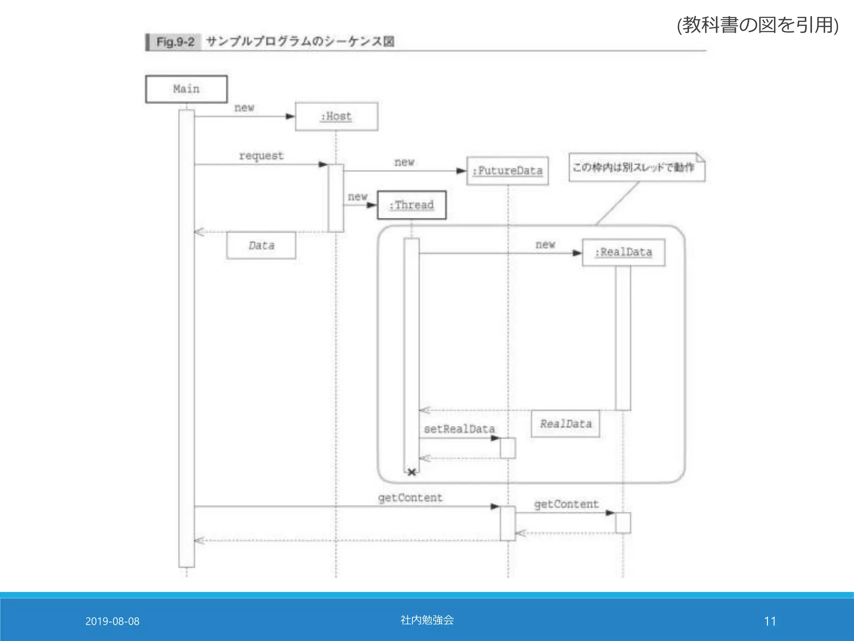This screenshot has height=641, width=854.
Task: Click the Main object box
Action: tap(186, 89)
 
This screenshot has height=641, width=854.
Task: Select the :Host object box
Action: tap(337, 116)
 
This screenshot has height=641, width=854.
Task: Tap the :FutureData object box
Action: tap(507, 171)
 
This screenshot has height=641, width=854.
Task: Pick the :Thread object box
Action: tap(412, 205)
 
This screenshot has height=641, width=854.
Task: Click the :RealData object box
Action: tap(623, 252)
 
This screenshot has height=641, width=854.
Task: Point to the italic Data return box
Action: tap(261, 245)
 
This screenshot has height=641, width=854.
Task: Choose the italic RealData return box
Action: tap(565, 424)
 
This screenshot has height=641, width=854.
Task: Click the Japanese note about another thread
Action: tap(634, 167)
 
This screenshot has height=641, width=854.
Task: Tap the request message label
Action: tap(261, 156)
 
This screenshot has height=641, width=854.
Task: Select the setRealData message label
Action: tap(459, 429)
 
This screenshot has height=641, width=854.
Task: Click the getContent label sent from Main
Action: tap(410, 498)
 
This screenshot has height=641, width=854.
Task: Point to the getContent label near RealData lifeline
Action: tap(566, 504)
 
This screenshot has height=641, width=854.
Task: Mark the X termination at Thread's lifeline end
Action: tap(412, 472)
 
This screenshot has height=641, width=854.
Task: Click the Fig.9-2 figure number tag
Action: tap(175, 42)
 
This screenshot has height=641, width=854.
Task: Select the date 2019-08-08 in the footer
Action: tap(112, 621)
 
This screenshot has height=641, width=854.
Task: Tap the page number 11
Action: tap(770, 621)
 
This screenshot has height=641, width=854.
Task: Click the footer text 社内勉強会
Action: tap(427, 620)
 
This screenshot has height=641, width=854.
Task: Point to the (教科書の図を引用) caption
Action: tap(757, 25)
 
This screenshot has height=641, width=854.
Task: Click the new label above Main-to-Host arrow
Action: tap(244, 108)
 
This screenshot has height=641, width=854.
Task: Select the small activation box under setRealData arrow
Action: tap(508, 448)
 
